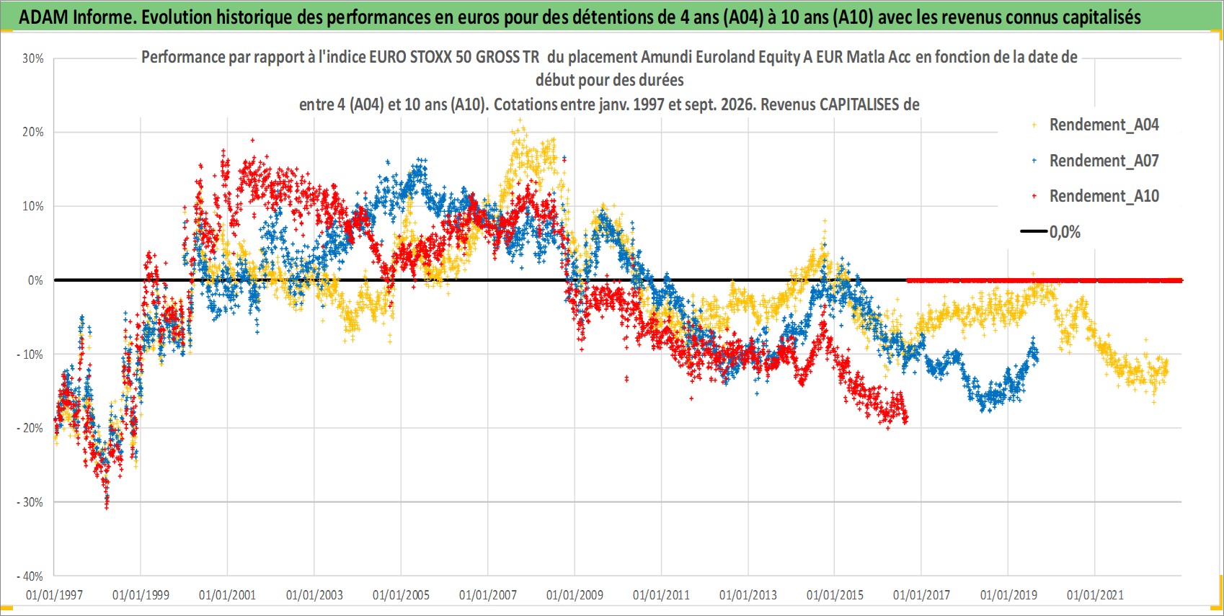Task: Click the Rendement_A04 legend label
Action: pos(1104,125)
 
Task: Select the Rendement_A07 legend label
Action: pos(1104,161)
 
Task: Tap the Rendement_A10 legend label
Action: pos(1104,196)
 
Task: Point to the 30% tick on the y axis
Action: pos(32,58)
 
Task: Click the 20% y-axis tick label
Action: pos(32,132)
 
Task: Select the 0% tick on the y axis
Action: pos(35,281)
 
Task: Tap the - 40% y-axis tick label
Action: pos(30,576)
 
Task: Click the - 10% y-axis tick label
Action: pos(30,354)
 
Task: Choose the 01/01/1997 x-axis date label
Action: pos(54,594)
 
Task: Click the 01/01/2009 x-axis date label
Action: pos(575,594)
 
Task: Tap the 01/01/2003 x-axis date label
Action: pos(314,594)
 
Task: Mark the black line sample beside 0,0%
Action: pos(1033,231)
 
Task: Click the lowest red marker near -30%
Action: pos(107,506)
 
